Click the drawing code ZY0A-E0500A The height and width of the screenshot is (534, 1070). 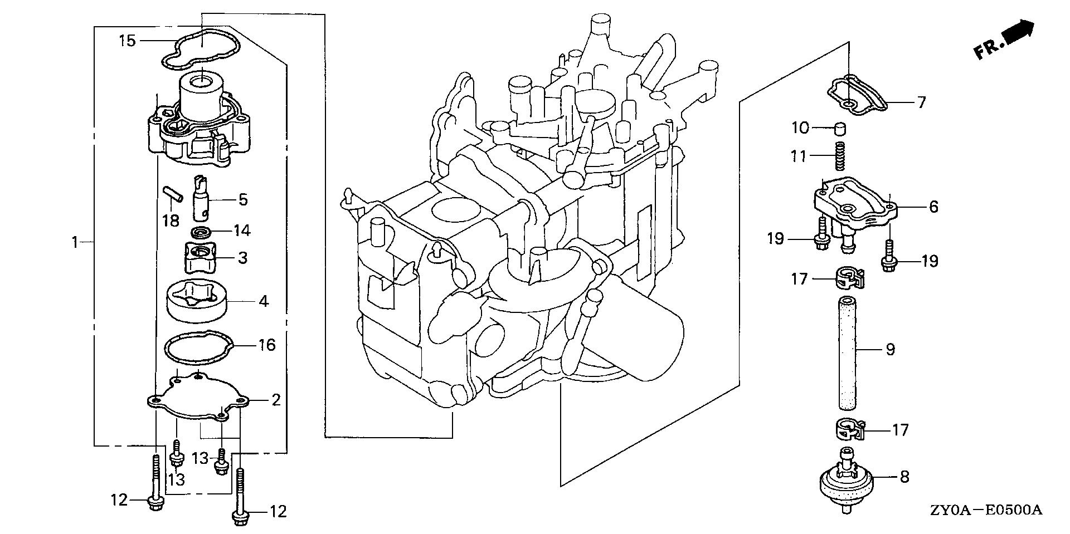tap(985, 511)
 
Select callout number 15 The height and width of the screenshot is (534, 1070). tap(127, 40)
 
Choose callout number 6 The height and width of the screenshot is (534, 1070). tap(933, 207)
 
